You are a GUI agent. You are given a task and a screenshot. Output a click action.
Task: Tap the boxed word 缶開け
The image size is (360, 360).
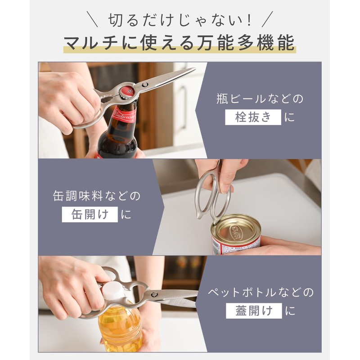click(x=90, y=214)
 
